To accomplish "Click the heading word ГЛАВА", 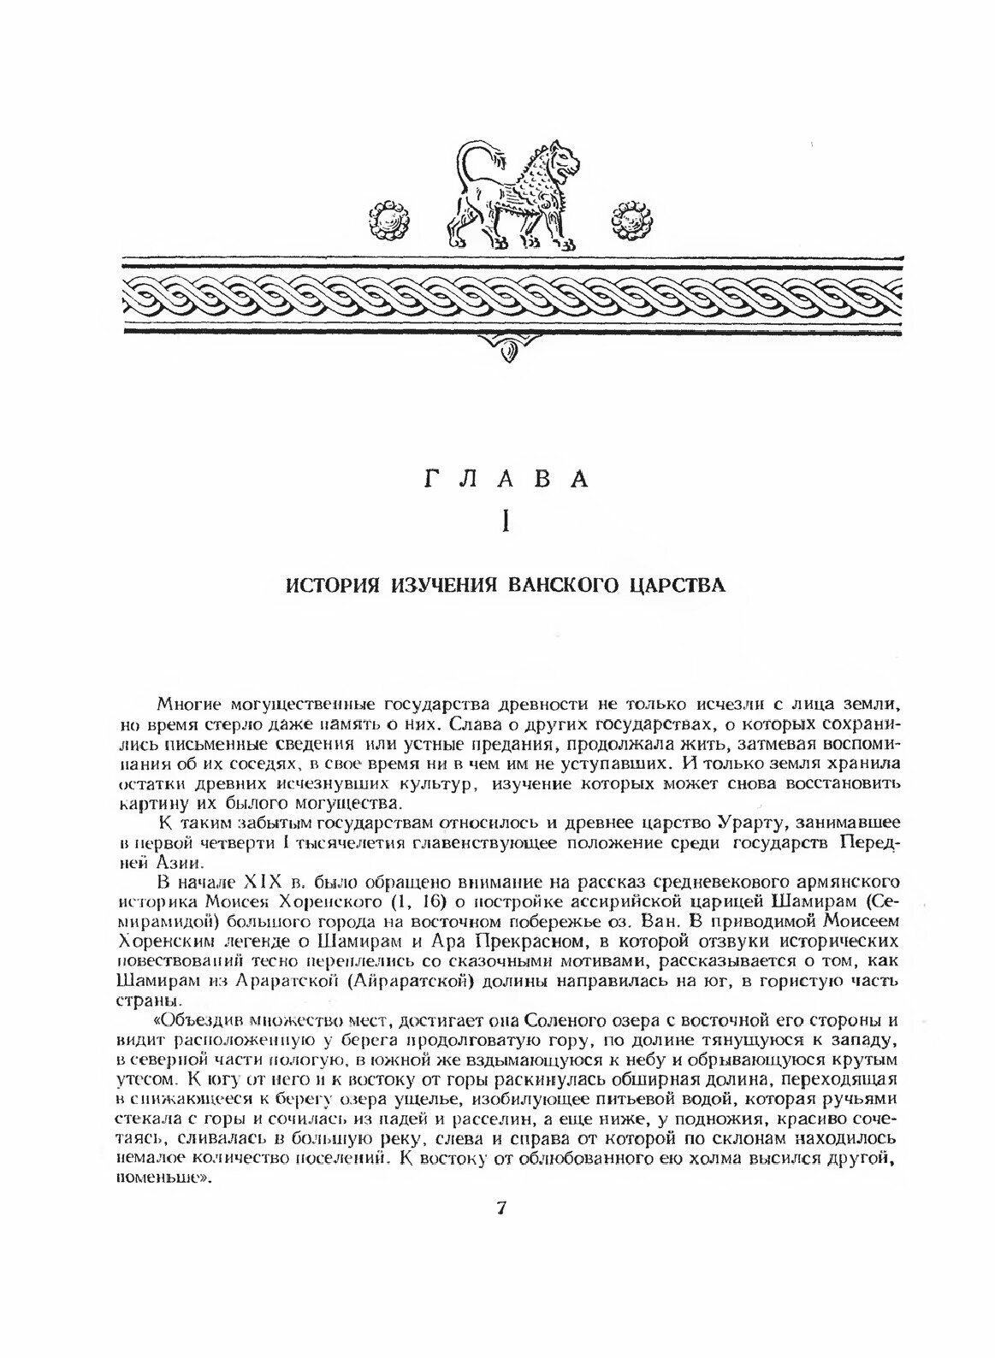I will click(507, 480).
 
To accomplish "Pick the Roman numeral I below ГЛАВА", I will click(508, 521).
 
